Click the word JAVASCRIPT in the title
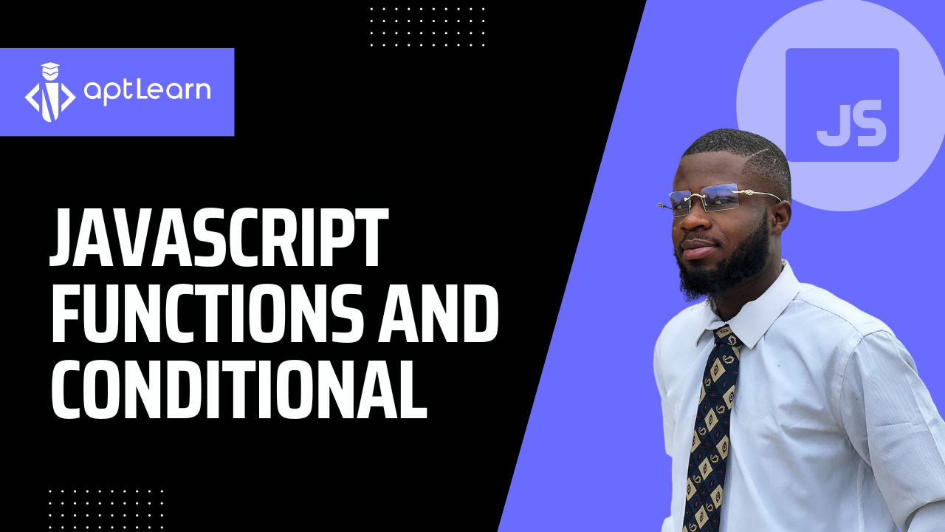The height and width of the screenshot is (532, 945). click(219, 237)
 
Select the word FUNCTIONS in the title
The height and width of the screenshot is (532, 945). click(207, 313)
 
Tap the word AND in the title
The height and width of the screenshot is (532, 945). click(438, 313)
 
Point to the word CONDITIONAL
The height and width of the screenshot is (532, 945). click(239, 389)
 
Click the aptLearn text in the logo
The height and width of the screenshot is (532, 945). click(147, 90)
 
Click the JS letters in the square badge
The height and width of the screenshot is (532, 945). click(849, 123)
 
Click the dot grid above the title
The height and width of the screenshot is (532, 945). click(427, 27)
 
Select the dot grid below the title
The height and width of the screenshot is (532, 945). click(106, 510)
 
